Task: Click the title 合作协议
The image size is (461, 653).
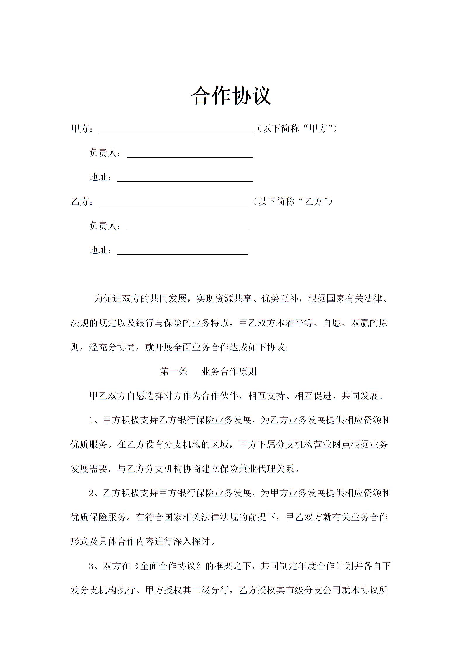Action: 231,95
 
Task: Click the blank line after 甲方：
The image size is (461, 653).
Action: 176,131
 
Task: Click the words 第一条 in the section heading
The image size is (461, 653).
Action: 174,371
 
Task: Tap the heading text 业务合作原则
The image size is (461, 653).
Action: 229,371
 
